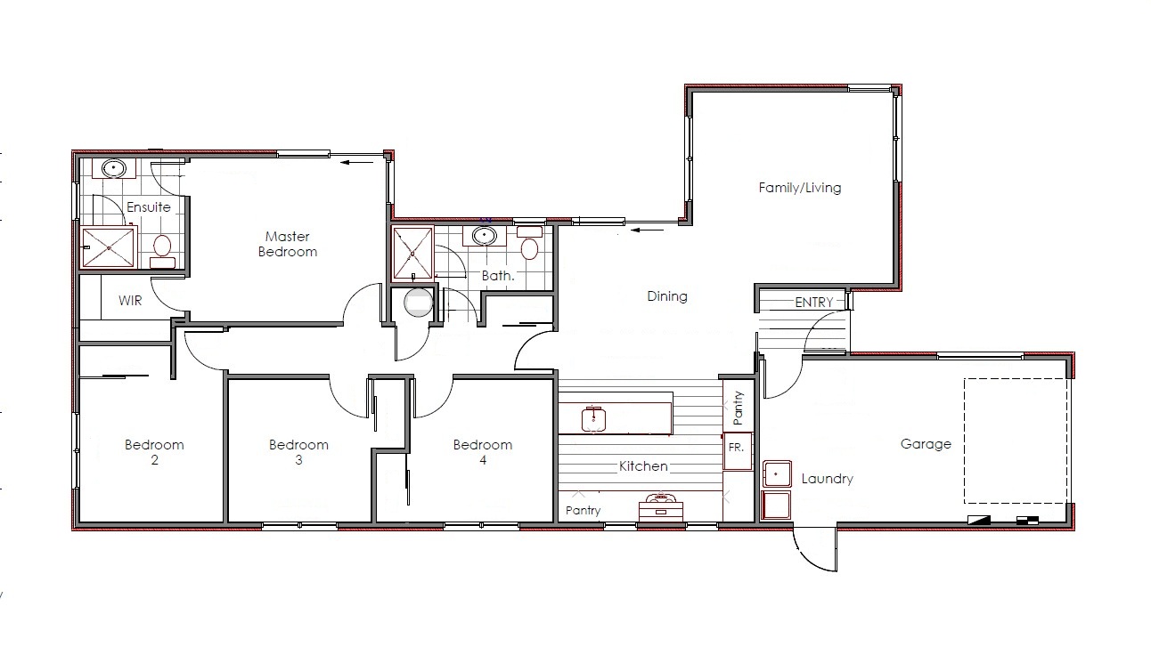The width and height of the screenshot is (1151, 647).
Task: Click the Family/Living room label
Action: point(799,188)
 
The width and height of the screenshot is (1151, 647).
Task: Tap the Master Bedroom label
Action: point(287,244)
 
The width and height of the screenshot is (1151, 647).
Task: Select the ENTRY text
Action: point(814,302)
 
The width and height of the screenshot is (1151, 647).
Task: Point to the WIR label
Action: point(130,301)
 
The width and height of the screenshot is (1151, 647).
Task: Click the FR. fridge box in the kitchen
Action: point(738,451)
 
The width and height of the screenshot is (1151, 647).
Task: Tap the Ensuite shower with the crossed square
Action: point(109,248)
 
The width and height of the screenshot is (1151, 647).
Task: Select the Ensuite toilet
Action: point(162,252)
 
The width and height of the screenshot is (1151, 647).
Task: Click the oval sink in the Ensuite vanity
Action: point(113,168)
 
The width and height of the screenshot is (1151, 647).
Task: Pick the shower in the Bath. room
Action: point(412,253)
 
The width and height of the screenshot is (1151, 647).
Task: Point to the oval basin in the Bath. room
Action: point(484,236)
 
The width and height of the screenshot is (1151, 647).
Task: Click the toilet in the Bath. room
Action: point(529,243)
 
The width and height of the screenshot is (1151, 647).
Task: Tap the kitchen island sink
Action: point(593,419)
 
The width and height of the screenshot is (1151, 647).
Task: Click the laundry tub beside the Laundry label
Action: point(777,473)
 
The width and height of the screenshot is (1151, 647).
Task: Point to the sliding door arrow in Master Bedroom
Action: point(357,162)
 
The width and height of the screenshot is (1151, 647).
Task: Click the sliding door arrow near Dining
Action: point(647,230)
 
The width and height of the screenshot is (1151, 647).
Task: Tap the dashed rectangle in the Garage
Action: point(1016,441)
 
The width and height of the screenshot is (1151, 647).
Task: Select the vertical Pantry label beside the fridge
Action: point(738,408)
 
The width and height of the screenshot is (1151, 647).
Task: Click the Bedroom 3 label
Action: point(298,452)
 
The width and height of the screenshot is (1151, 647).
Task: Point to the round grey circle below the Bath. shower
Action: point(419,303)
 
